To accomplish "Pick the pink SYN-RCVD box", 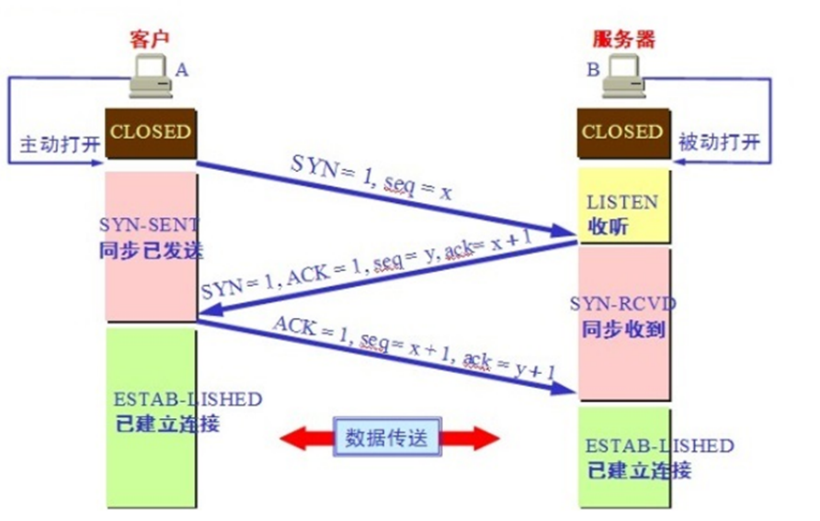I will click(x=622, y=322).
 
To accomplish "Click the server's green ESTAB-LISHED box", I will click(x=622, y=458).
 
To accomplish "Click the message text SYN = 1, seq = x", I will click(x=371, y=176).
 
